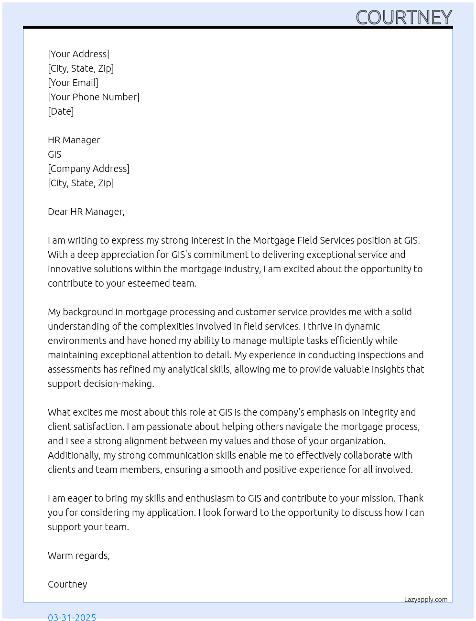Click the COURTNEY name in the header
click(404, 18)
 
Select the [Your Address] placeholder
click(78, 54)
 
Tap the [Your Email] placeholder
click(73, 83)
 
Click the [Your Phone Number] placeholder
click(94, 97)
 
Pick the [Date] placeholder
click(61, 111)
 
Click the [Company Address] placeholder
click(88, 169)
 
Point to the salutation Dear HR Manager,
click(86, 212)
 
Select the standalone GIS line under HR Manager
click(54, 154)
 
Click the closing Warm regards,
click(79, 556)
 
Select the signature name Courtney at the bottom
click(67, 584)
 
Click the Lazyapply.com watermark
click(426, 600)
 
